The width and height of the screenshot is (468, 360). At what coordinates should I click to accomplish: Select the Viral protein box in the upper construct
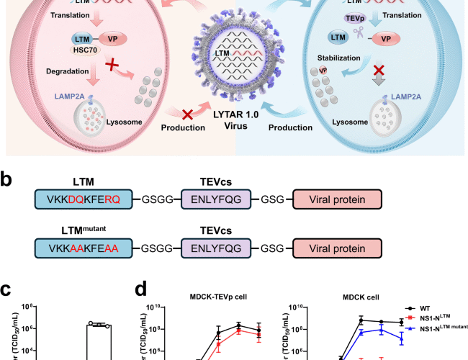pyautogui.click(x=336, y=199)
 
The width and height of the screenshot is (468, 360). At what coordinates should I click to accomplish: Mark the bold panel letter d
pyautogui.click(x=143, y=291)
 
